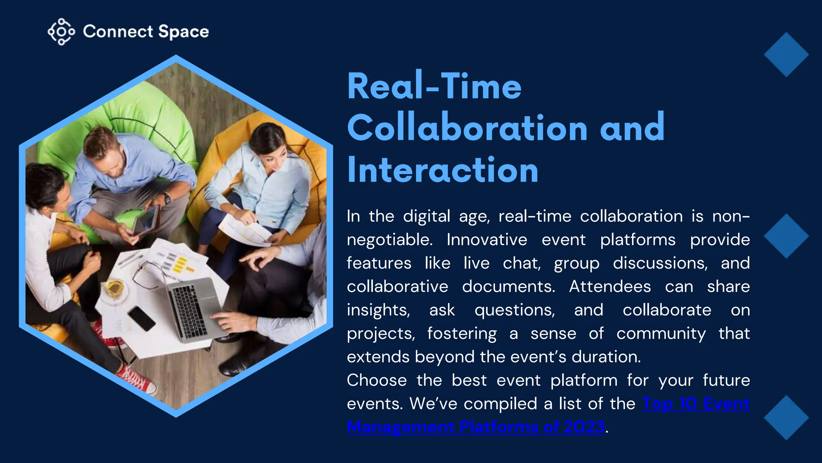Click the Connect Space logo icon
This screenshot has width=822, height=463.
click(x=61, y=31)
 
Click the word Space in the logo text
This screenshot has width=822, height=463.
click(x=183, y=32)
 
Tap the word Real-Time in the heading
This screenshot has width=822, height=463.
click(x=434, y=86)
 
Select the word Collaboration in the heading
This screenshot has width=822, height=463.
click(x=467, y=128)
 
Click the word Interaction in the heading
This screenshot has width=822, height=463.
click(x=442, y=170)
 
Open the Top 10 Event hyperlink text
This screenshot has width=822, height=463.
click(x=696, y=404)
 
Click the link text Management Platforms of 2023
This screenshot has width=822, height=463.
click(x=476, y=427)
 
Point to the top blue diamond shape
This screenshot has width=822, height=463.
click(x=786, y=55)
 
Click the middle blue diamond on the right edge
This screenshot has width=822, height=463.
click(x=786, y=236)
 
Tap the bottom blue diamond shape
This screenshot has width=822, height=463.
click(x=786, y=418)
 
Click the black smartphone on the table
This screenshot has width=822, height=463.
click(x=141, y=318)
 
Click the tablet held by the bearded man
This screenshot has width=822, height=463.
click(x=145, y=221)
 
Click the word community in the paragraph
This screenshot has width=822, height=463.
click(x=661, y=334)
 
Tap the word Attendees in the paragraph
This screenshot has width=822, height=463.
click(x=610, y=287)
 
